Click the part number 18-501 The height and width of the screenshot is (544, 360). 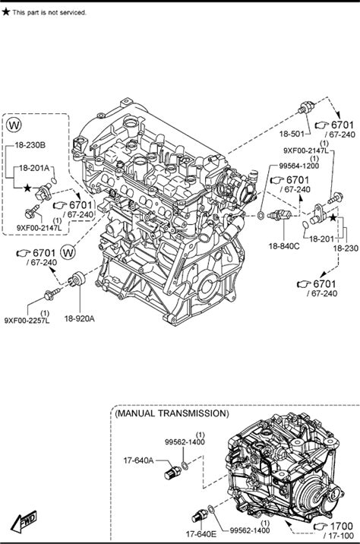pos(292,134)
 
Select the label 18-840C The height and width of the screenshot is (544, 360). pos(284,246)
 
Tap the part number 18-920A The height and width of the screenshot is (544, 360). pos(80,318)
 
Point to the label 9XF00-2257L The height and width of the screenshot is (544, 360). pos(27,320)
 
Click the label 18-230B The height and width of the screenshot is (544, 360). pos(30,145)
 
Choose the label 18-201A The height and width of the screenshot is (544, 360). pos(34,168)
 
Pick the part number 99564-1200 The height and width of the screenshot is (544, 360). pos(299,166)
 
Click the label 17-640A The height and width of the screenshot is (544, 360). pos(138,460)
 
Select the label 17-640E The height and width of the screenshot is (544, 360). pos(201,533)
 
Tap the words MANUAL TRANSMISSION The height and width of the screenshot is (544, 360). pos(172,413)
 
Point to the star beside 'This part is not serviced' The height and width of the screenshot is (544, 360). pos(5,12)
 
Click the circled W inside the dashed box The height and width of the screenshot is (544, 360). pos(14,125)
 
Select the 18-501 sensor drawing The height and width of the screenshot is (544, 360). pos(306,107)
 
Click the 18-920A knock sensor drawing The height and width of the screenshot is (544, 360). pos(77,280)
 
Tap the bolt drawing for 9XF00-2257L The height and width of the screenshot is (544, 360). pos(52,293)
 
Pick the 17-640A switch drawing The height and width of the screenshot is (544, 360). pos(172,472)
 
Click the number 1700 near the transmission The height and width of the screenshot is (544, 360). pos(341,526)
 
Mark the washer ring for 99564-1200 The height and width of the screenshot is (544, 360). pos(260,215)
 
